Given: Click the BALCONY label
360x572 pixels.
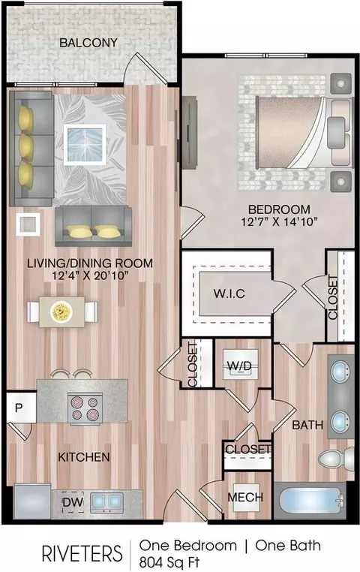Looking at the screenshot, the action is [x=88, y=43].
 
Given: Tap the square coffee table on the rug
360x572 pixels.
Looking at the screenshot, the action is [x=85, y=145].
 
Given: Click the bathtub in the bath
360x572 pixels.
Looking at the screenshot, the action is [x=310, y=501].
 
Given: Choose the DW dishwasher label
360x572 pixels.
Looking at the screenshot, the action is [x=73, y=502].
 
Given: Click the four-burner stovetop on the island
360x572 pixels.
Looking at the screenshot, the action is [x=85, y=408].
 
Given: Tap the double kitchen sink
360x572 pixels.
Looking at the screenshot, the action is [x=106, y=501].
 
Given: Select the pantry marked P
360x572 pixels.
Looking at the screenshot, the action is [x=21, y=408].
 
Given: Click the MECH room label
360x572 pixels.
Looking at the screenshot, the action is [x=245, y=497].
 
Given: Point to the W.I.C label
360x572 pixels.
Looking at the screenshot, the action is [x=229, y=294].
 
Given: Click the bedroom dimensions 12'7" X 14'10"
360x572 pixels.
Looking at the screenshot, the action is [x=280, y=221].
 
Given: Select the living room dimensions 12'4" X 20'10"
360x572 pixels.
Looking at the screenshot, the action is [x=90, y=275].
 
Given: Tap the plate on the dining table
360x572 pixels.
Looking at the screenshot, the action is [x=61, y=312].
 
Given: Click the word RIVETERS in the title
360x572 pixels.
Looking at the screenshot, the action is [x=82, y=553].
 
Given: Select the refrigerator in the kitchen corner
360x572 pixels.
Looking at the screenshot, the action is [x=32, y=501].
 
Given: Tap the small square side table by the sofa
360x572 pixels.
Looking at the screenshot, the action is [x=28, y=224].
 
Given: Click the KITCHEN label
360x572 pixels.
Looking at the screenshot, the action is [x=84, y=457].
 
